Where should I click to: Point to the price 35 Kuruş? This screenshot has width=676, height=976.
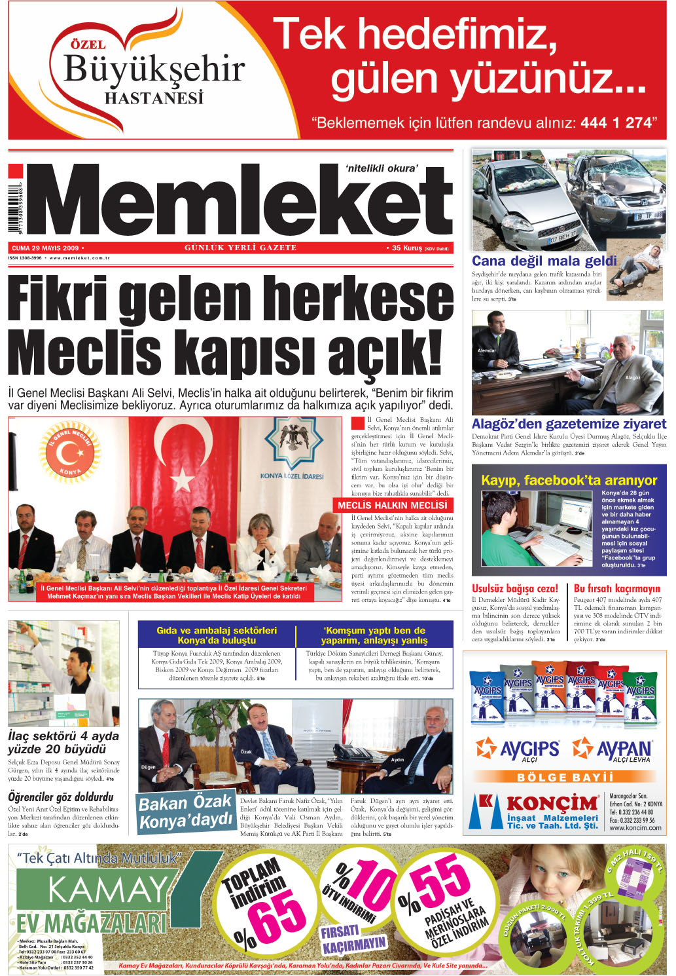pos(407,248)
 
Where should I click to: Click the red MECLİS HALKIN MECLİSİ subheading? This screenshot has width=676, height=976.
pos(393,505)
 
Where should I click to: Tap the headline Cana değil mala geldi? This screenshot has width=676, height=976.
pos(544,261)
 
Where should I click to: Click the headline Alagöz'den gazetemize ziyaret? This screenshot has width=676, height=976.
pos(569,424)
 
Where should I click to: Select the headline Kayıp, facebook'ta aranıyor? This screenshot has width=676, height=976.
pos(569,480)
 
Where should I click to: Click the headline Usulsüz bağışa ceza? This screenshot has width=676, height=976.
pos(515,588)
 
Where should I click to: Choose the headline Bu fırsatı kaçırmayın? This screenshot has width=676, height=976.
pos(617,588)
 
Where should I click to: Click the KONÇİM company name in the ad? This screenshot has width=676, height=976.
pos(552,803)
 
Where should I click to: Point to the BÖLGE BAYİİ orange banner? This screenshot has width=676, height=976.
pos(565,777)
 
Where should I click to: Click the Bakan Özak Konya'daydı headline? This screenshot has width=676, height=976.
pos(186,812)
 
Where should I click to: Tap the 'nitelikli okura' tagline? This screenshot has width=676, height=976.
pos(381,168)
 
